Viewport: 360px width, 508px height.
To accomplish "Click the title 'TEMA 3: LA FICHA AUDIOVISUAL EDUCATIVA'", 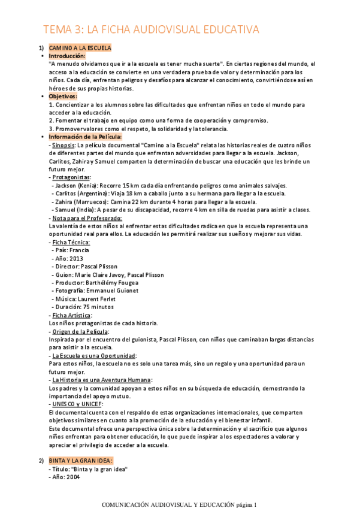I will (x=150, y=29).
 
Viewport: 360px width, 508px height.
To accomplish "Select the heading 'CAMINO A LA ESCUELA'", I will (x=80, y=47).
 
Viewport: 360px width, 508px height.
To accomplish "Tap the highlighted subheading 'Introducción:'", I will (x=67, y=55).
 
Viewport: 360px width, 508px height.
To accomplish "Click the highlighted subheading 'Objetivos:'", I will (x=63, y=96).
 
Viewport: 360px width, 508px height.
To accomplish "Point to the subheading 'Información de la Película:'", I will (x=85, y=137).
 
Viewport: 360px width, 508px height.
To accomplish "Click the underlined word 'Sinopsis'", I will (x=63, y=145).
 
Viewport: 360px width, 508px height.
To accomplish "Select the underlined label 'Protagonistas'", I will (x=71, y=177).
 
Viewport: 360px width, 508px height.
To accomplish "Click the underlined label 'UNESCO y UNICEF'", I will (x=77, y=404).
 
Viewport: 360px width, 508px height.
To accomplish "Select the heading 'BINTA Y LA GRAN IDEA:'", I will (x=80, y=461).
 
